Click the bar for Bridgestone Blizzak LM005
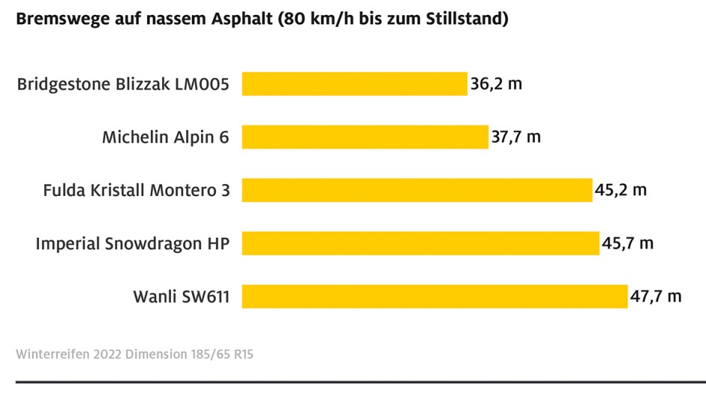[x=354, y=84]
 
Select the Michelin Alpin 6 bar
[x=365, y=137]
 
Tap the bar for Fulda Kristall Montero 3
[x=417, y=190]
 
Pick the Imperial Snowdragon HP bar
[x=420, y=243]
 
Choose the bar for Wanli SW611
[x=435, y=296]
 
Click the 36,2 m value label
[x=496, y=84]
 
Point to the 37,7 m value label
[x=516, y=137]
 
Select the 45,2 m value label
[x=621, y=190]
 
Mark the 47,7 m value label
[x=656, y=296]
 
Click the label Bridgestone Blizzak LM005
[x=123, y=84]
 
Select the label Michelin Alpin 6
[x=165, y=137]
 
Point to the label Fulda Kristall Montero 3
[x=137, y=190]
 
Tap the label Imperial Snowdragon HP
[x=133, y=244]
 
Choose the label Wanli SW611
[x=181, y=296]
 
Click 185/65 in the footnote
[x=211, y=353]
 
